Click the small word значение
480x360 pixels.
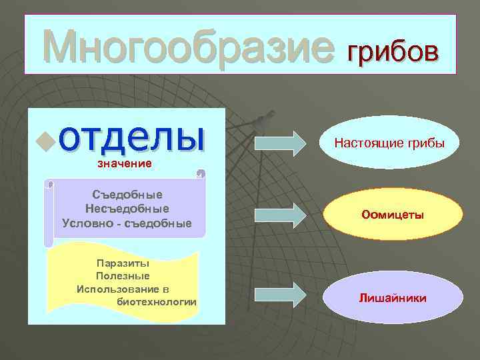coord(125,163)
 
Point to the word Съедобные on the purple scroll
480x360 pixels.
coord(127,195)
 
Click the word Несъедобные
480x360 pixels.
coord(127,209)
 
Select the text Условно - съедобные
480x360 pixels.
coord(127,223)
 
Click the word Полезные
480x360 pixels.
coord(123,275)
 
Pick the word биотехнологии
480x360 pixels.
coord(157,302)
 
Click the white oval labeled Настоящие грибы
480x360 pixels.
coord(389,143)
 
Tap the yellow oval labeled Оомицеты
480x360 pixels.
coord(393,215)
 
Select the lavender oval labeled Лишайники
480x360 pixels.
coord(393,297)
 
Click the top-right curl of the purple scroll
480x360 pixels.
coord(199,174)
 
